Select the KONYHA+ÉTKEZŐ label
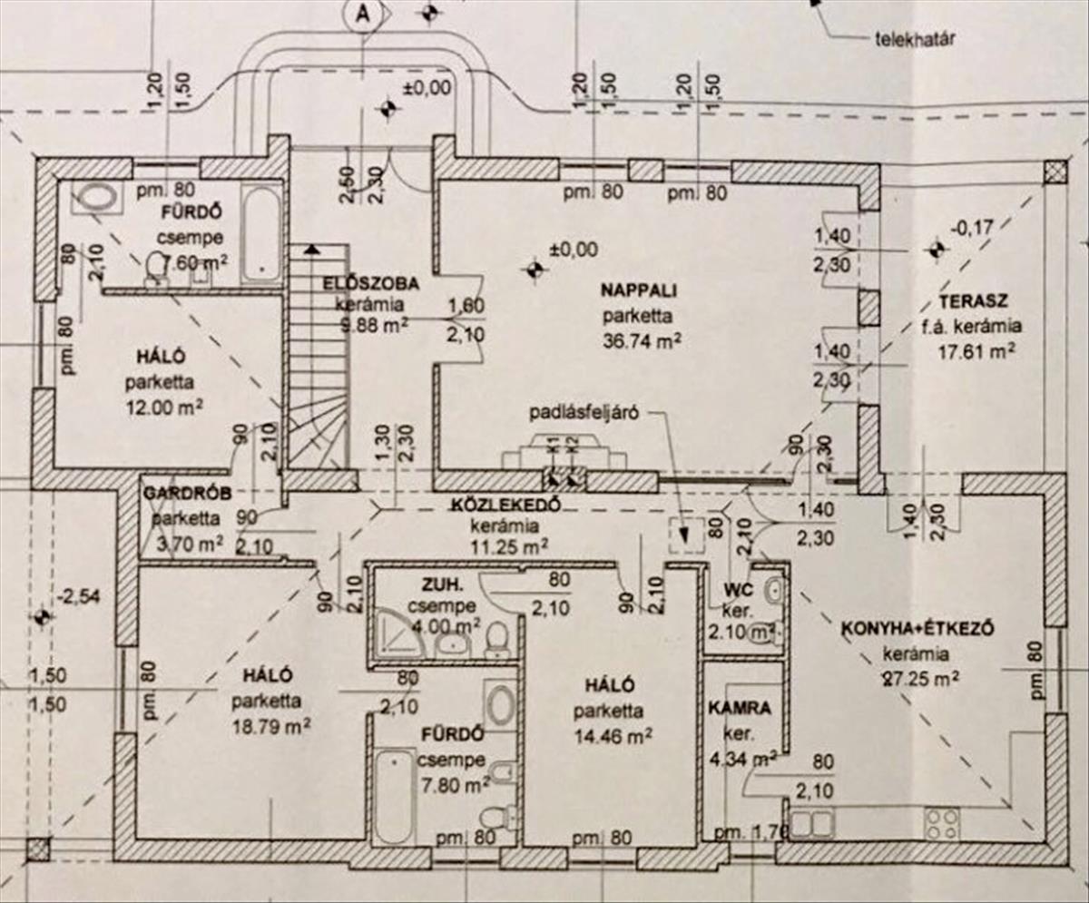pos(919,629)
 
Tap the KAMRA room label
pos(741,708)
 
